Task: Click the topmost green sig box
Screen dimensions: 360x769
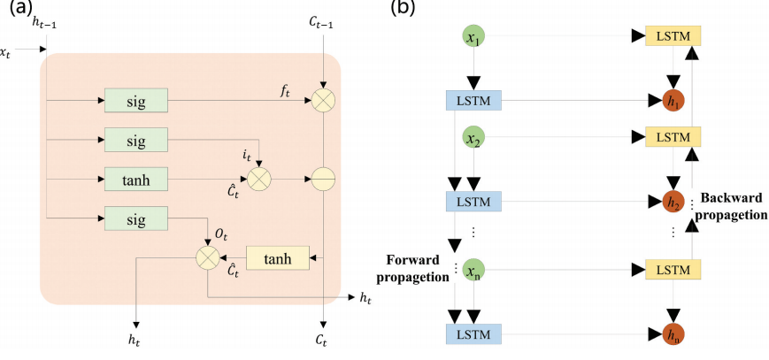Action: [x=136, y=101]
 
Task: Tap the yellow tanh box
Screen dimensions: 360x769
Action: [x=278, y=258]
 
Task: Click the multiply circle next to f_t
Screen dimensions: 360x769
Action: [x=324, y=101]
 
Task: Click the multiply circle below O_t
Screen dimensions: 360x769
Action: [x=207, y=258]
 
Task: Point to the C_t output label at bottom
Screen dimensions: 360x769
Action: [x=324, y=339]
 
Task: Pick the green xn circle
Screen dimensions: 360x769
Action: [x=474, y=270]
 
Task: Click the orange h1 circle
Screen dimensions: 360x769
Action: [x=673, y=101]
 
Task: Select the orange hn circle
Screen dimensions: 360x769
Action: [x=673, y=333]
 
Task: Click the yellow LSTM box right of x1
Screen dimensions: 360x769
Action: [x=673, y=36]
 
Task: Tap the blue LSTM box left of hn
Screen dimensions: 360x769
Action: [x=474, y=333]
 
